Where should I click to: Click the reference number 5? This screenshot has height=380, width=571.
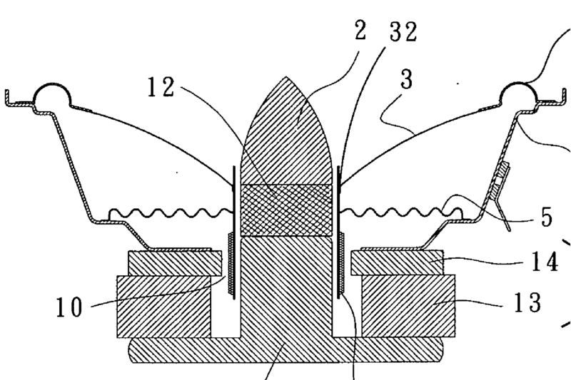pyautogui.click(x=546, y=217)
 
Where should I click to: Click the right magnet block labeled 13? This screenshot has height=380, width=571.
pyautogui.click(x=408, y=306)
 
